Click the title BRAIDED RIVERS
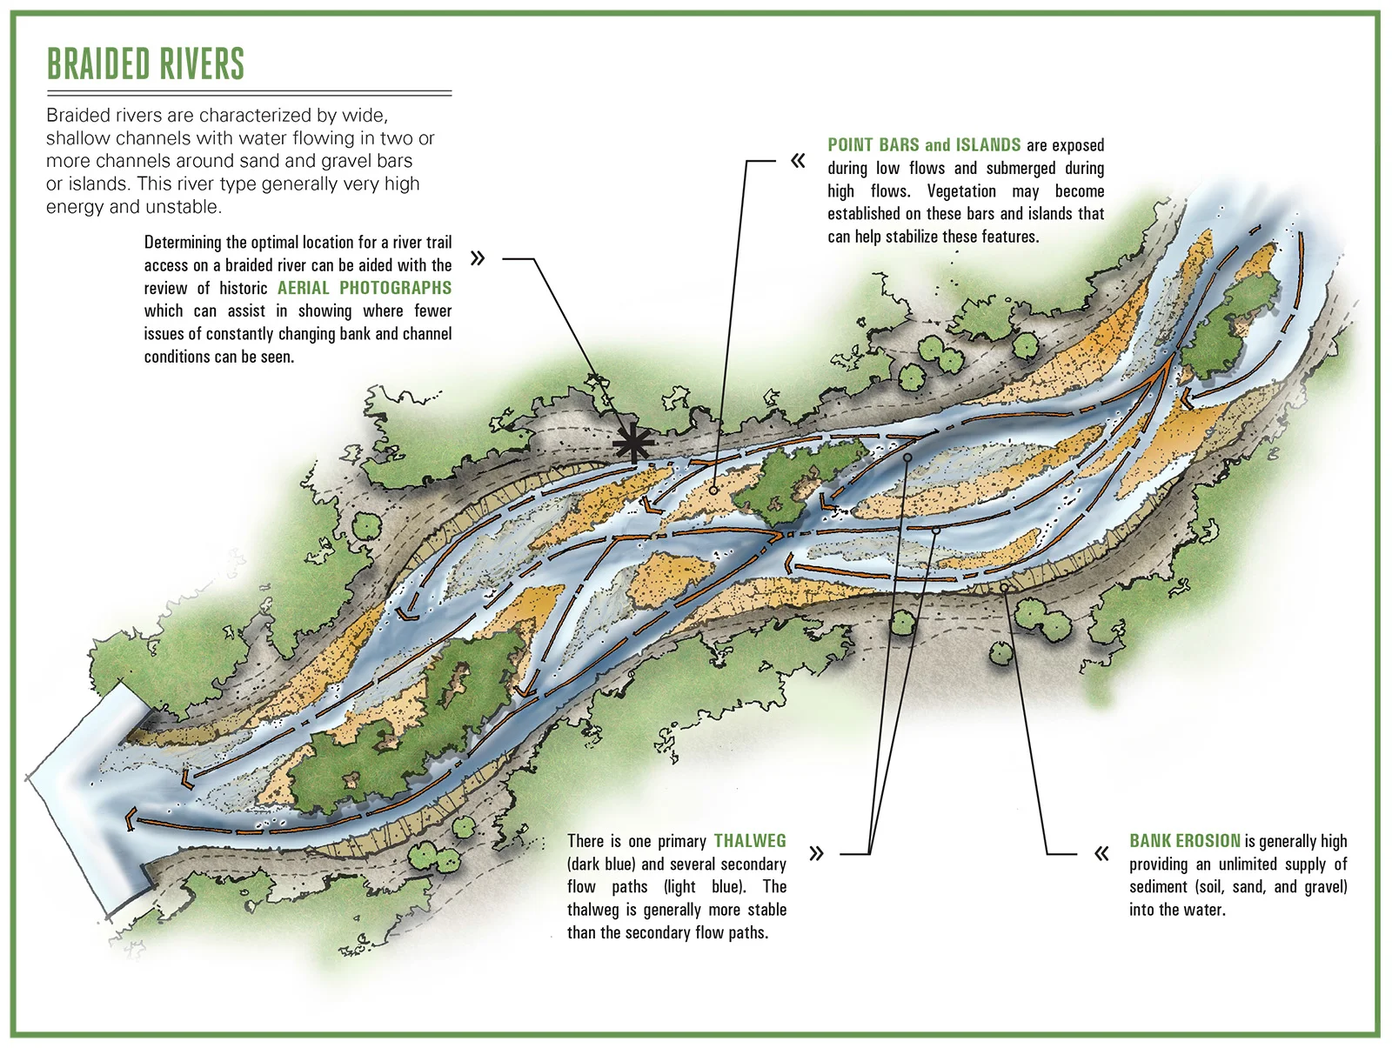(x=145, y=64)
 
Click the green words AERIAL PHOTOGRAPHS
(x=365, y=288)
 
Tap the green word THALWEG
(x=750, y=841)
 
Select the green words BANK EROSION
(x=1185, y=841)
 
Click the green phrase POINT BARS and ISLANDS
(x=924, y=145)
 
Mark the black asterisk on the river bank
(x=633, y=444)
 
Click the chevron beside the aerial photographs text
(x=477, y=258)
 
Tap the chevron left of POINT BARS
(x=798, y=161)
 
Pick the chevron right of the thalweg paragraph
(x=816, y=853)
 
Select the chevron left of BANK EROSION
(x=1101, y=853)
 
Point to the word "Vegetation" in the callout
(x=961, y=191)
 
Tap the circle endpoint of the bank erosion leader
(x=1004, y=588)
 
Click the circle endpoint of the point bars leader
(x=713, y=491)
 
